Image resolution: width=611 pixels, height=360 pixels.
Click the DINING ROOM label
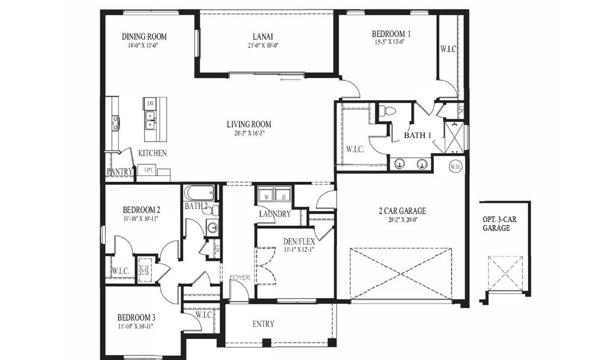point(144,37)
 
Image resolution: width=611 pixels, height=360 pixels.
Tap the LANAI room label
point(263,37)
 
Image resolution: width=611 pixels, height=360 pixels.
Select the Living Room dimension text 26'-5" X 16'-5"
point(248,133)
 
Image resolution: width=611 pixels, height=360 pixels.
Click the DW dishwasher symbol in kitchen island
point(150,104)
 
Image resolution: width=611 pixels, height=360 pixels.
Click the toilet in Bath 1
point(388,111)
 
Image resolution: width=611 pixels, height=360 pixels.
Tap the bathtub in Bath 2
point(199,193)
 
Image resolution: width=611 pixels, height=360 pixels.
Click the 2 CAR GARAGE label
point(402,211)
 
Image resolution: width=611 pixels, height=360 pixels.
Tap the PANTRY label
point(119,172)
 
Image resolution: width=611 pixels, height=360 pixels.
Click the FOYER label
point(239,277)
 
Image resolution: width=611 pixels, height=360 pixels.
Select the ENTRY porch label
point(263,324)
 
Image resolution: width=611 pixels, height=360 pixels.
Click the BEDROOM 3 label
point(136,317)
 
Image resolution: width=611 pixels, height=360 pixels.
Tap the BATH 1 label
point(417,136)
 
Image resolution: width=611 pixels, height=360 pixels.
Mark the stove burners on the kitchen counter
point(115,123)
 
